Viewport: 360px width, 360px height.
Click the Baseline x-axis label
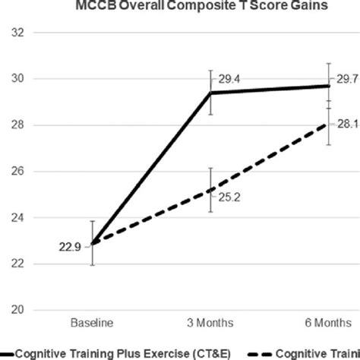click(x=93, y=322)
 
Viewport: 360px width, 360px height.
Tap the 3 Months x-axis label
click(x=210, y=322)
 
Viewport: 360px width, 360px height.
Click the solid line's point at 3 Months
click(x=210, y=93)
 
